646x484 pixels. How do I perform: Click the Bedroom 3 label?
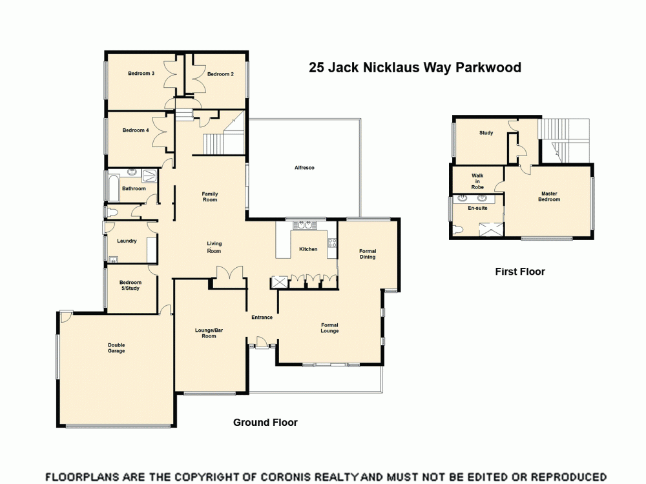point(141,74)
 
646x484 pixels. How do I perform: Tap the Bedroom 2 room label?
point(220,74)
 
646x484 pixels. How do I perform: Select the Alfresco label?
point(304,168)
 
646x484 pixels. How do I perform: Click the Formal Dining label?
point(367,254)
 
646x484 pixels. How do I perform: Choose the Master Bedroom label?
point(548,196)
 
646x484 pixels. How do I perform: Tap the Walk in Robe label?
point(477,181)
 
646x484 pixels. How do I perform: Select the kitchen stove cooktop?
point(333,243)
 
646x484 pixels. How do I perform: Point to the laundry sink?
point(114,260)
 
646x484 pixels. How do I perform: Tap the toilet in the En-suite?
point(459,229)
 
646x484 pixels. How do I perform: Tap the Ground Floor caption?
point(265,423)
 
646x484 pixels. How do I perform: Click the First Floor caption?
point(520,272)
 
